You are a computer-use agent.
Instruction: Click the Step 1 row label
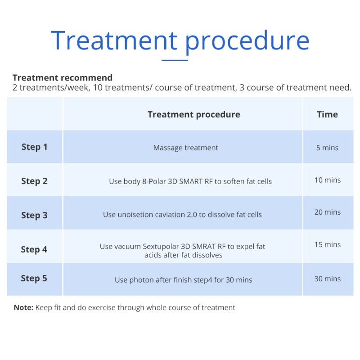pos(35,147)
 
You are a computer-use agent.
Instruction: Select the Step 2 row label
pos(35,181)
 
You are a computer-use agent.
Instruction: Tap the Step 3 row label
pos(35,216)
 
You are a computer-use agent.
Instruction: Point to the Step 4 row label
pos(34,250)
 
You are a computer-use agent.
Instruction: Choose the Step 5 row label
pos(34,279)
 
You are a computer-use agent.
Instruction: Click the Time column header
pos(328,114)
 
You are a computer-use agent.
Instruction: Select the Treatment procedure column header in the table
pos(194,115)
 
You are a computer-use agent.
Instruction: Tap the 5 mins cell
pos(327,148)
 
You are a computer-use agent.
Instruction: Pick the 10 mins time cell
pos(328,180)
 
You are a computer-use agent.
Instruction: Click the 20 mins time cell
pos(328,212)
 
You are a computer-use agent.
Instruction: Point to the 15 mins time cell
pos(328,244)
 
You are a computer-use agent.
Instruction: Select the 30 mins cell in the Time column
pos(328,279)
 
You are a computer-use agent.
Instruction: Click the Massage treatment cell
pos(185,148)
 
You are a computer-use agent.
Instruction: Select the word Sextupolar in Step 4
pos(161,247)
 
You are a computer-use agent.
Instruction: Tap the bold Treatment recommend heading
pos(63,77)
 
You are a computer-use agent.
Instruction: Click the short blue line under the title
pos(175,60)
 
